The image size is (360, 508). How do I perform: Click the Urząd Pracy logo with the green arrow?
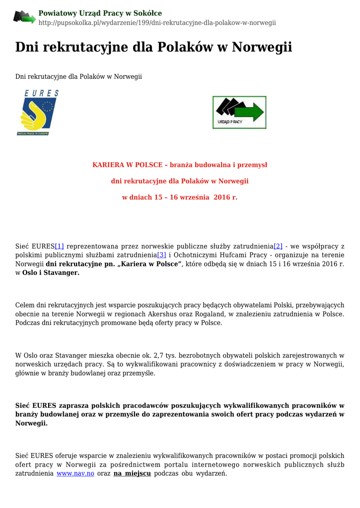[239, 112]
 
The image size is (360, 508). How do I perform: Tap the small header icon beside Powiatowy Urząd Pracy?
[24, 17]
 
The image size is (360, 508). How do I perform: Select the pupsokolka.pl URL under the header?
[157, 23]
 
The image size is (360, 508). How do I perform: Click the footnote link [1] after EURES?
[60, 246]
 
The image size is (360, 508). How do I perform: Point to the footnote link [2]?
[278, 246]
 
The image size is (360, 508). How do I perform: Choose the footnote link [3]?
[161, 255]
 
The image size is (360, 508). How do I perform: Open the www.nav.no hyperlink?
[75, 474]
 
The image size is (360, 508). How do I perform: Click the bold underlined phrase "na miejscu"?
[132, 474]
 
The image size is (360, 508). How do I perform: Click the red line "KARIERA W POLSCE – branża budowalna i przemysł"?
[180, 165]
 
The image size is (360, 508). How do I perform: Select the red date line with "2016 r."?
[180, 197]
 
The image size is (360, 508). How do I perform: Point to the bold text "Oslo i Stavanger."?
[51, 273]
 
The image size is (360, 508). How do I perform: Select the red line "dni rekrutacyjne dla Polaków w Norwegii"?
[180, 181]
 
